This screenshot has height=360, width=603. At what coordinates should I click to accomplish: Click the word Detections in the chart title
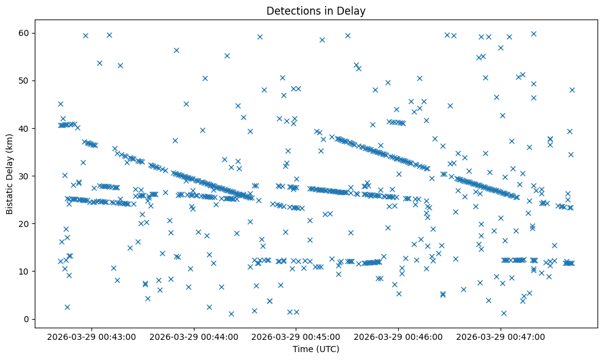click(289, 10)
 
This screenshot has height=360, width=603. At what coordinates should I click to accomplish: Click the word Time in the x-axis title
click(302, 349)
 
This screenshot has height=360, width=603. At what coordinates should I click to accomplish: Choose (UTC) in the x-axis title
click(326, 349)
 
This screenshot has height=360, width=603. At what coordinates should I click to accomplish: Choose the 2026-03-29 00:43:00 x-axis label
click(91, 336)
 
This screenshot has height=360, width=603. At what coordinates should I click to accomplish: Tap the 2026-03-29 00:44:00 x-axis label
click(194, 336)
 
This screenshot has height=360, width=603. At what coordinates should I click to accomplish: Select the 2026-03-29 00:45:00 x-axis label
click(296, 336)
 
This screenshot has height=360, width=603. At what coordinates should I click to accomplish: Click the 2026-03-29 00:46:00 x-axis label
click(399, 336)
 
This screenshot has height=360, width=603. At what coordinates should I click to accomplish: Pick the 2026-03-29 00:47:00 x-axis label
click(501, 336)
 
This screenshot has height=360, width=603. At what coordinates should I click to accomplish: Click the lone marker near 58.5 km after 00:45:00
click(322, 40)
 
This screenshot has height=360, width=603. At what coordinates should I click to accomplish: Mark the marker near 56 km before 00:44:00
click(176, 50)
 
